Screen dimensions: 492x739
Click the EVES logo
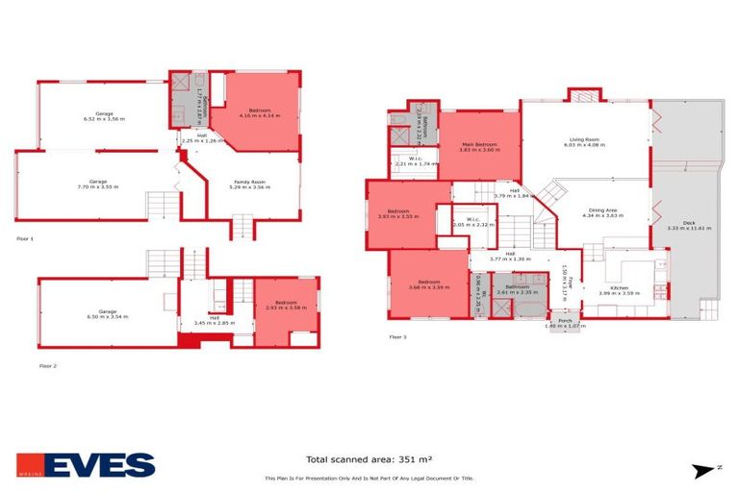tap(86, 464)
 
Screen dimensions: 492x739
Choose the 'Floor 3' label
tap(398, 337)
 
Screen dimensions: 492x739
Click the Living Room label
tap(584, 144)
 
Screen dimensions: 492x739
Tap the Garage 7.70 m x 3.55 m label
tap(98, 184)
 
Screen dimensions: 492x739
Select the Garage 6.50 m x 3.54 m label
tap(107, 314)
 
